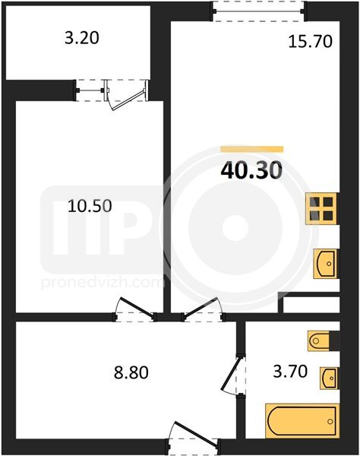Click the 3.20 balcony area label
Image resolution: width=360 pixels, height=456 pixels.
82,38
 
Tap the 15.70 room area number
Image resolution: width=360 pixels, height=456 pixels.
310,41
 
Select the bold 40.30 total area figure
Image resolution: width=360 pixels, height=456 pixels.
251,171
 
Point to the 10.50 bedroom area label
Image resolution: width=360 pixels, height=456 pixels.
90,207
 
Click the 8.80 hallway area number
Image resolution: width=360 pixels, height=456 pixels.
131,372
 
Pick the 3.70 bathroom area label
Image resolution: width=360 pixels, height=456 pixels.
290,372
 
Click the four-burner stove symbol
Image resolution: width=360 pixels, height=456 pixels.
323,208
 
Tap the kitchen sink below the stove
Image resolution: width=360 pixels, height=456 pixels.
325,264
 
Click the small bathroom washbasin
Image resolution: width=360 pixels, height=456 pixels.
330,378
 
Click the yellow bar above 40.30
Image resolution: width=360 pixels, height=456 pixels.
252,149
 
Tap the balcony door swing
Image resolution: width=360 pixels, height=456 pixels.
126,95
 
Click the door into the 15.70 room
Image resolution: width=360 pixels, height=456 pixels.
203,309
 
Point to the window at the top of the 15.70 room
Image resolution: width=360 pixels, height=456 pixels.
258,11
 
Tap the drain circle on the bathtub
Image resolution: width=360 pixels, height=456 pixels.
330,421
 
